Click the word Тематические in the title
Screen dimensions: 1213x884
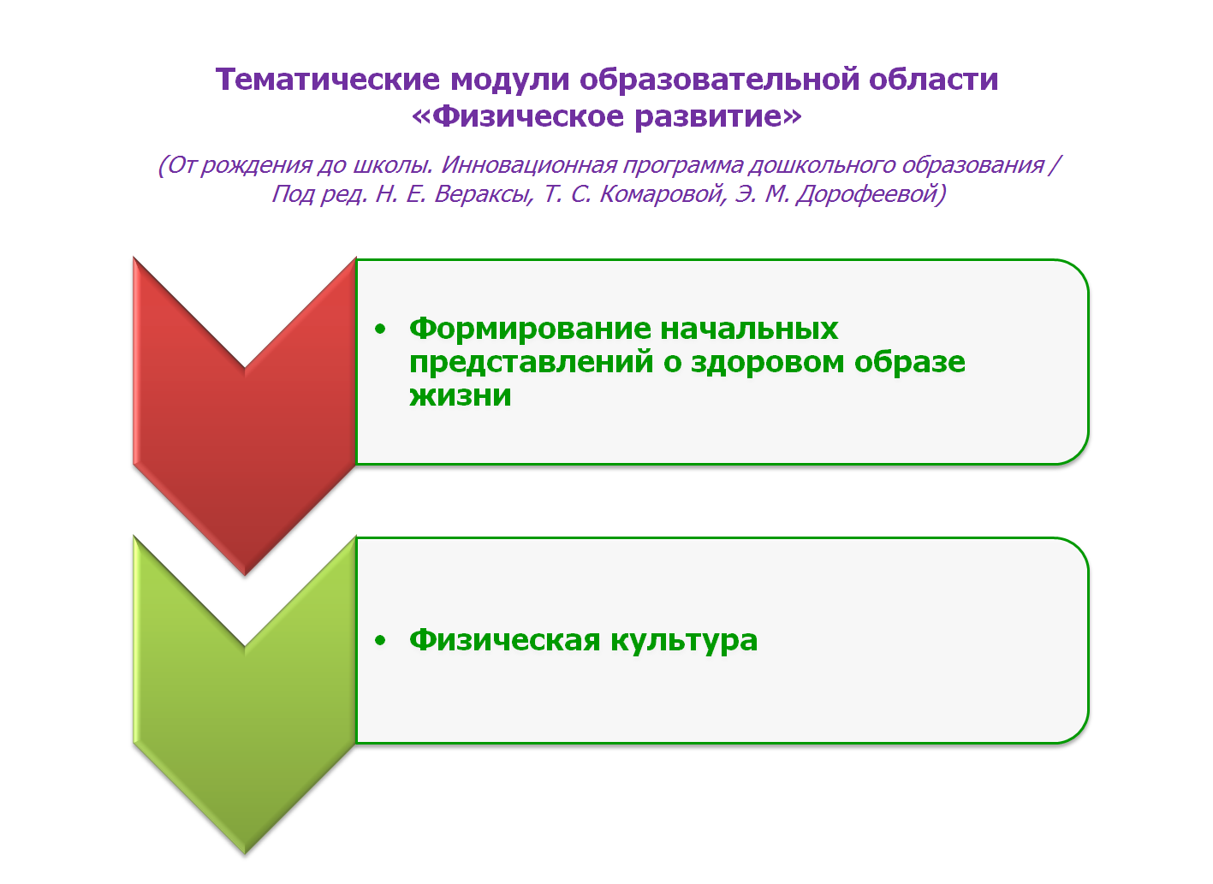[x=328, y=80]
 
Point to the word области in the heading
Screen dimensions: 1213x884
[x=934, y=80]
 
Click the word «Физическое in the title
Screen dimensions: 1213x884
[x=518, y=116]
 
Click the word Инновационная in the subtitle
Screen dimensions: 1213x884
[x=529, y=164]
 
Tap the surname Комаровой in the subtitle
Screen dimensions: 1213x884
[x=663, y=193]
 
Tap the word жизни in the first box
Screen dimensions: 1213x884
[x=461, y=395]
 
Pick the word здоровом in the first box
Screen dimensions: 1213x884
[x=767, y=362]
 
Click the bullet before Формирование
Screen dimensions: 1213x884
[x=380, y=329]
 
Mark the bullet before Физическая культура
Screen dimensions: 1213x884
[x=380, y=640]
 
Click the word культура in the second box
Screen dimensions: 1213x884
[x=684, y=642]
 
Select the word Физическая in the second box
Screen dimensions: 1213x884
[x=505, y=640]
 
